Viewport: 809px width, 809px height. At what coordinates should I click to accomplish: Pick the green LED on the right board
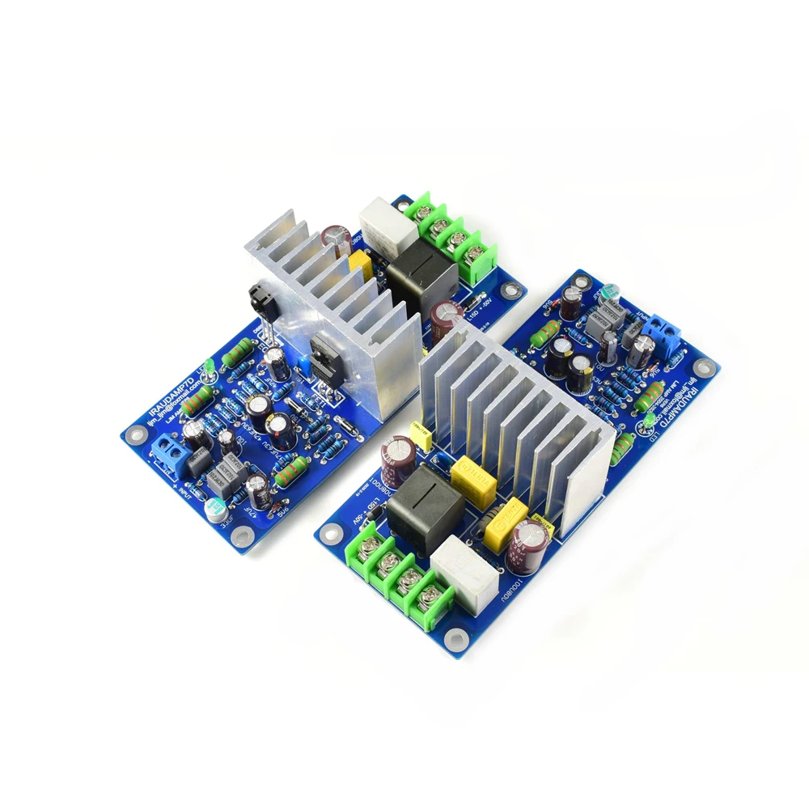649,421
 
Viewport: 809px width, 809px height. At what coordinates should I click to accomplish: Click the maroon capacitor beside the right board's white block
533,540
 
